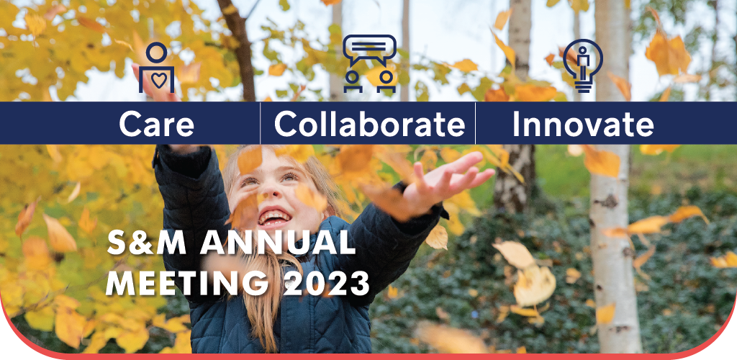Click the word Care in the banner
(x=156, y=124)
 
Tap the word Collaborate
(x=369, y=124)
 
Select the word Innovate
(x=583, y=124)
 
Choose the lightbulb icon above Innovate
(x=583, y=66)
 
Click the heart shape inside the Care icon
(x=159, y=81)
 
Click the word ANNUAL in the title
(x=277, y=243)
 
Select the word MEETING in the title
(x=191, y=283)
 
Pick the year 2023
(x=327, y=283)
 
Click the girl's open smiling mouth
(x=275, y=217)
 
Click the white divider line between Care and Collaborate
(x=260, y=123)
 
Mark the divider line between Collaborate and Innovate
(x=475, y=123)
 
